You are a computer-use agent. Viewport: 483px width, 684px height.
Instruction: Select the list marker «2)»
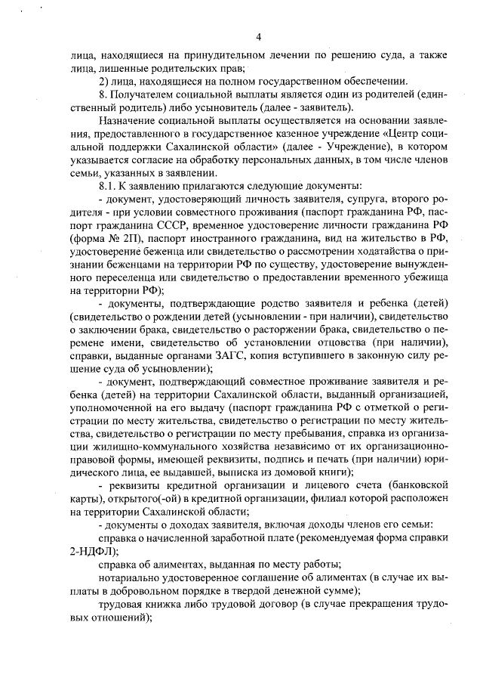pyautogui.click(x=106, y=82)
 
